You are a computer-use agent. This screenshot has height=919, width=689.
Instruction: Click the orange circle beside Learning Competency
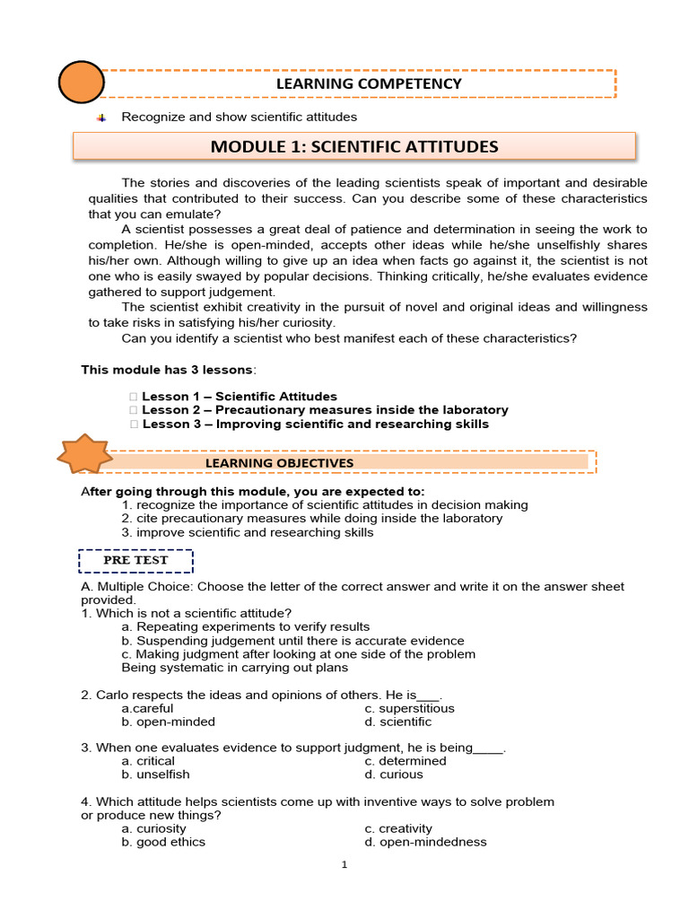(81, 83)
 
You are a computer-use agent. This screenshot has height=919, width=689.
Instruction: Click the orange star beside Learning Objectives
(83, 455)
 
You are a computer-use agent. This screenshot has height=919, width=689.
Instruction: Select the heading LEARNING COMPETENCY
(368, 83)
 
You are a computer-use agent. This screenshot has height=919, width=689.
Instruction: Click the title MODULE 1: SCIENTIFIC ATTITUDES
(353, 146)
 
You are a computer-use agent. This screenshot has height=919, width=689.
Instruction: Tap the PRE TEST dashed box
(135, 560)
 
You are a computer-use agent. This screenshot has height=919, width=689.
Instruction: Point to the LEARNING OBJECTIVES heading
(279, 463)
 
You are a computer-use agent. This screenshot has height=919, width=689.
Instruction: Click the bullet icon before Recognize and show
(101, 118)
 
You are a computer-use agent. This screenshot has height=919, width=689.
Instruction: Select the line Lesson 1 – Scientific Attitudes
(239, 396)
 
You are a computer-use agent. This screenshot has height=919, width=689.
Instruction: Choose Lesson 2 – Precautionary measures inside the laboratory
(325, 409)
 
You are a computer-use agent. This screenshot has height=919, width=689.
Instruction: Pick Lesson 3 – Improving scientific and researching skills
(315, 424)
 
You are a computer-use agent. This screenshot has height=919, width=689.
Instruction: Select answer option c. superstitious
(409, 708)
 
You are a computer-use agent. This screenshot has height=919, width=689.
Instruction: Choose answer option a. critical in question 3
(148, 761)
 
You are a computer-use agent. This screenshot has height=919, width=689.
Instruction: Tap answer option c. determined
(405, 761)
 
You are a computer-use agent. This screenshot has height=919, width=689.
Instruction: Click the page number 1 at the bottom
(344, 865)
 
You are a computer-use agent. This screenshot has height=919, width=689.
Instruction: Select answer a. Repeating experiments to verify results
(245, 626)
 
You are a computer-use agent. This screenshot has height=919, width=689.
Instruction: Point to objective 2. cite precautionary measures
(311, 518)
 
